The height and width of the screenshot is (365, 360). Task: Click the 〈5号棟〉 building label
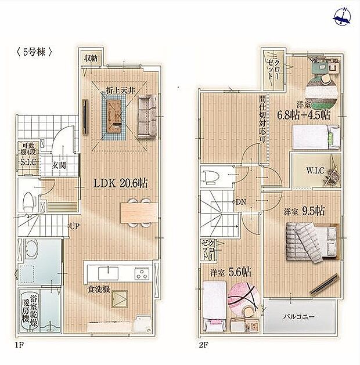pyautogui.click(x=33, y=50)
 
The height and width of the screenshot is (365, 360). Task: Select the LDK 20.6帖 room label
pyautogui.click(x=121, y=182)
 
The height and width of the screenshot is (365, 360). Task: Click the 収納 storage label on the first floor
pyautogui.click(x=89, y=57)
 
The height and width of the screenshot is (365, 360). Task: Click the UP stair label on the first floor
pyautogui.click(x=74, y=226)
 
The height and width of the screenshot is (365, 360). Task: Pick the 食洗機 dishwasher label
pyautogui.click(x=99, y=288)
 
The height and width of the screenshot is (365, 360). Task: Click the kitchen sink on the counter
pyautogui.click(x=108, y=272)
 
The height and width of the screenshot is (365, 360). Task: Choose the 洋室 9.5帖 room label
pyautogui.click(x=304, y=211)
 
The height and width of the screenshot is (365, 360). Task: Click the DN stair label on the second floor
pyautogui.click(x=241, y=202)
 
